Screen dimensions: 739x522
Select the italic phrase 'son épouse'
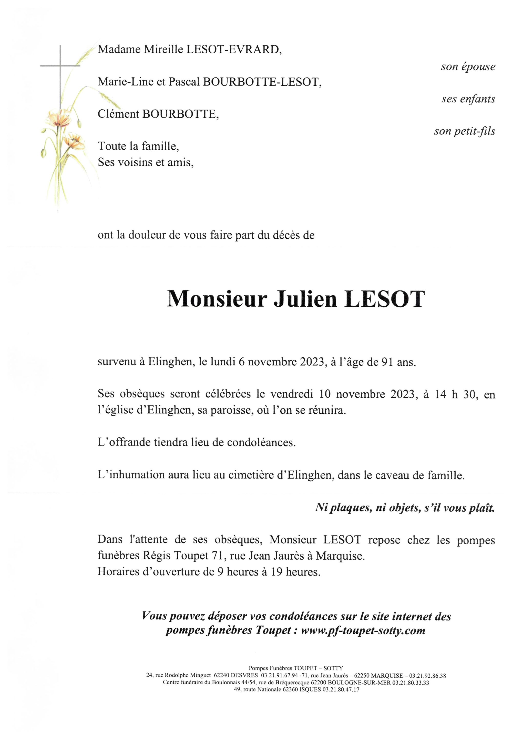468,67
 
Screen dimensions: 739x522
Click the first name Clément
118,114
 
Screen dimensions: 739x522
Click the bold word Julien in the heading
305,299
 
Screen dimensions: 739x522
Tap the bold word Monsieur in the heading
217,299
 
